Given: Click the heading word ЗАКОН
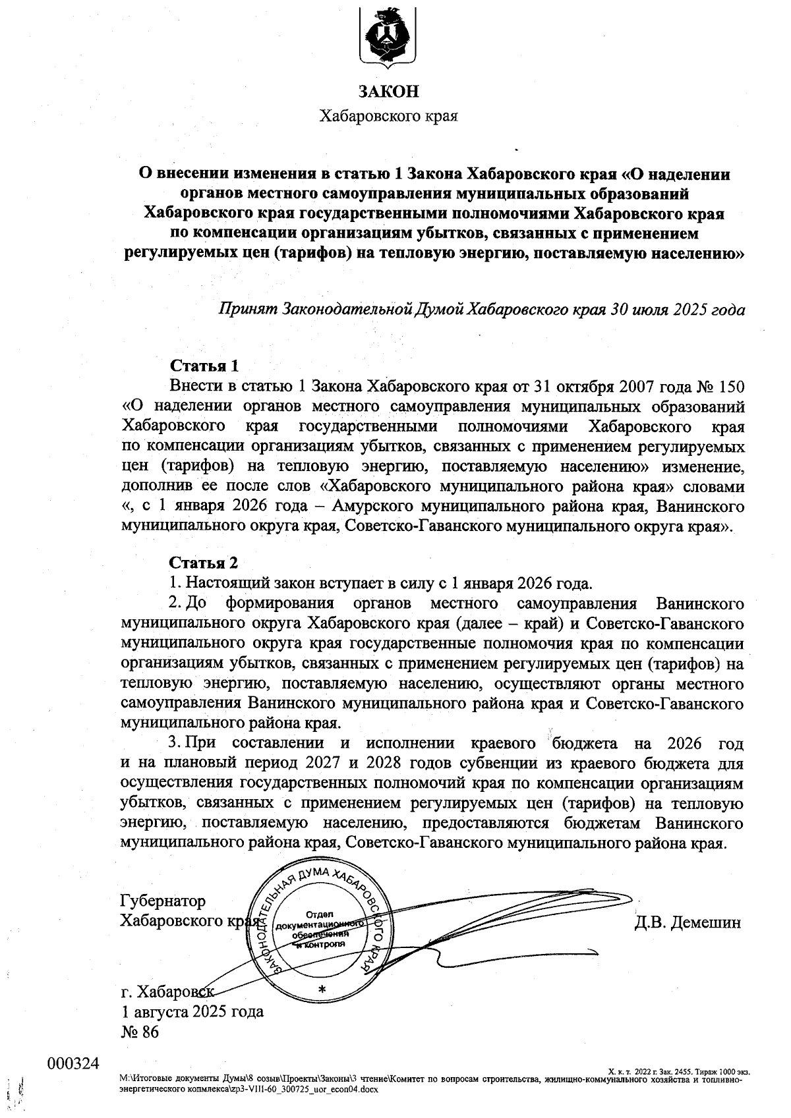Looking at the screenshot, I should [388, 91].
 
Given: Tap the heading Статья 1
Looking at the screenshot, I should [204, 366].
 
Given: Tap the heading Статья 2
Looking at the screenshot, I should [203, 563].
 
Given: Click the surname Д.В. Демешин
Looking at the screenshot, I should [688, 922].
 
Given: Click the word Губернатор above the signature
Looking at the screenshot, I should [163, 901].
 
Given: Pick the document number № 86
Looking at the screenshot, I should [140, 1032].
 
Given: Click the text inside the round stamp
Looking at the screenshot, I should [321, 930].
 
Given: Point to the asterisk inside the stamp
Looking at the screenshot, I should [322, 990].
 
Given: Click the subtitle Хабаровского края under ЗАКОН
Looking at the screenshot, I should [388, 117].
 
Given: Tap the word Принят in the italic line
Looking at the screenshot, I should [247, 309].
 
